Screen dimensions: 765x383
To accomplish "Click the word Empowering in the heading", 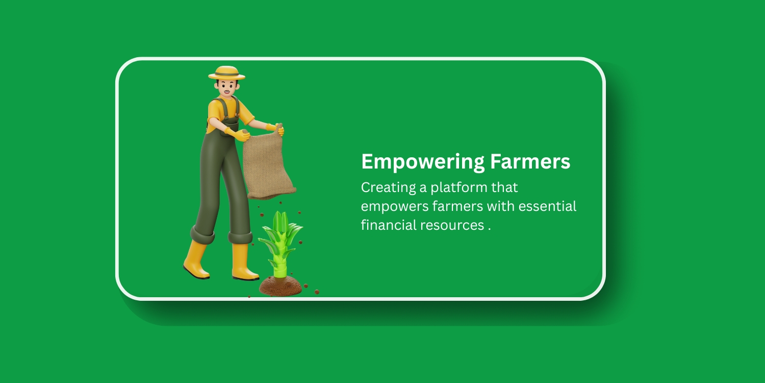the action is [423, 162].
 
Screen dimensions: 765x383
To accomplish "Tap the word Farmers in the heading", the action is [530, 161].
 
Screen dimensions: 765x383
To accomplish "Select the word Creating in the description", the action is [388, 188].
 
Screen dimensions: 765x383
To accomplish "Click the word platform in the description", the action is [459, 188].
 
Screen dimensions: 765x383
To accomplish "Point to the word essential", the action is [547, 206].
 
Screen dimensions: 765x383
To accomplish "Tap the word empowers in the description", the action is [395, 207].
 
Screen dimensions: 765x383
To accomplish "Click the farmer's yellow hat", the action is [226, 73].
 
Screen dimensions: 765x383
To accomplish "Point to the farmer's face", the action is [226, 87].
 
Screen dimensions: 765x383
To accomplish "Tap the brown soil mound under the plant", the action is [280, 285].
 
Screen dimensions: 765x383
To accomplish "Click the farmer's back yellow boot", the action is [196, 260].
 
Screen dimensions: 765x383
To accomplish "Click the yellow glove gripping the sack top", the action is [276, 129].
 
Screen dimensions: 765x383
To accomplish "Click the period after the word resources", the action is [489, 229].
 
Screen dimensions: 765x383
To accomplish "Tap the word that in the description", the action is [504, 187].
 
